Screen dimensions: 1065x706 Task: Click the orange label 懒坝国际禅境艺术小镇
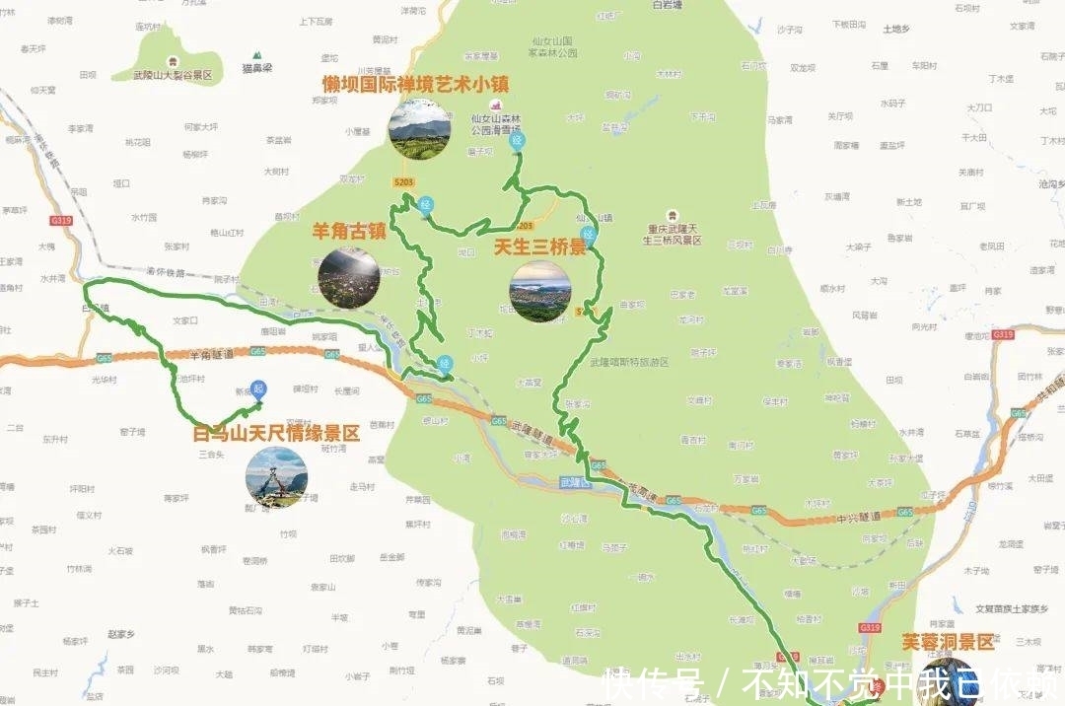(415, 84)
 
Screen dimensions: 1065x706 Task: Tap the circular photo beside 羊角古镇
(349, 276)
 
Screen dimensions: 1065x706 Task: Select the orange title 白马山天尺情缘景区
(276, 433)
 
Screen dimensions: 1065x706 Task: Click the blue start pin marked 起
(258, 389)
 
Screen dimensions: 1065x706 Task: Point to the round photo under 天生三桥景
(540, 291)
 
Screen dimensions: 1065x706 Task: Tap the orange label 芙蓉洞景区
(948, 642)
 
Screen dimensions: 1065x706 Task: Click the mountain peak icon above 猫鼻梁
(257, 55)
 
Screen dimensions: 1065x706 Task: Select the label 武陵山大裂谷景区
(174, 75)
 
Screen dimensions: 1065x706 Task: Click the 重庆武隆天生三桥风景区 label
(672, 234)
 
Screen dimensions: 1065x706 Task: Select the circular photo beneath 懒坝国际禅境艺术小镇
(419, 128)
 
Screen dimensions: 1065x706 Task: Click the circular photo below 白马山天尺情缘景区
(276, 478)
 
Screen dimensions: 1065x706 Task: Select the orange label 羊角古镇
(349, 232)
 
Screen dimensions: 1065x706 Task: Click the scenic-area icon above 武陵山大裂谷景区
(174, 61)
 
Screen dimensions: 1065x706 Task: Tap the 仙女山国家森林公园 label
(552, 47)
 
